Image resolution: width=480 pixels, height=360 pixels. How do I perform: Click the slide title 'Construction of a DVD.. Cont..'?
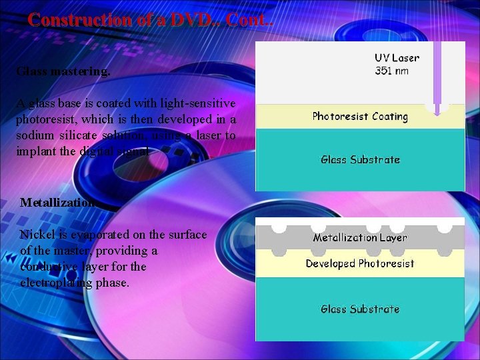pyautogui.click(x=150, y=19)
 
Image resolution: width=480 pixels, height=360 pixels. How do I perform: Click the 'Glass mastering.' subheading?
pyautogui.click(x=63, y=71)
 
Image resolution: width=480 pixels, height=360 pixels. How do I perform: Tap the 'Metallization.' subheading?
pyautogui.click(x=60, y=202)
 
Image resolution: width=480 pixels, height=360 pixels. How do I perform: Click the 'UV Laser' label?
pyautogui.click(x=397, y=59)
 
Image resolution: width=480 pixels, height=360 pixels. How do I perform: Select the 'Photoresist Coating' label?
pyautogui.click(x=360, y=117)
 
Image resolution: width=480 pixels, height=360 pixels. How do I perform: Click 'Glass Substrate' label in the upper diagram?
pyautogui.click(x=360, y=160)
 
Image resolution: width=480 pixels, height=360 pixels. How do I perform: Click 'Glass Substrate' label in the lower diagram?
pyautogui.click(x=360, y=309)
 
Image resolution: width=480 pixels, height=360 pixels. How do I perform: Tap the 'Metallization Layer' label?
pyautogui.click(x=360, y=237)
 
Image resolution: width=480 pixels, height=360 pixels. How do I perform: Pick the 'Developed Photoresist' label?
pyautogui.click(x=360, y=263)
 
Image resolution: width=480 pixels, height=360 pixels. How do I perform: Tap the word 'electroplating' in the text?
pyautogui.click(x=55, y=283)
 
